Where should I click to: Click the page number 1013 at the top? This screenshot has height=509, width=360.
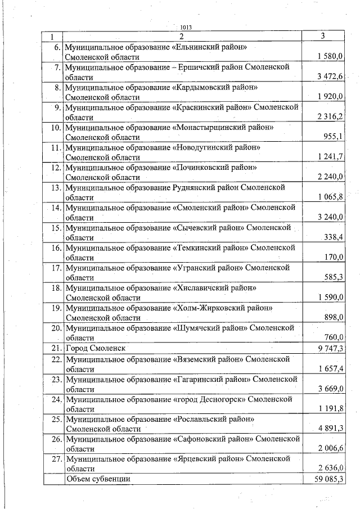click(x=186, y=27)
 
